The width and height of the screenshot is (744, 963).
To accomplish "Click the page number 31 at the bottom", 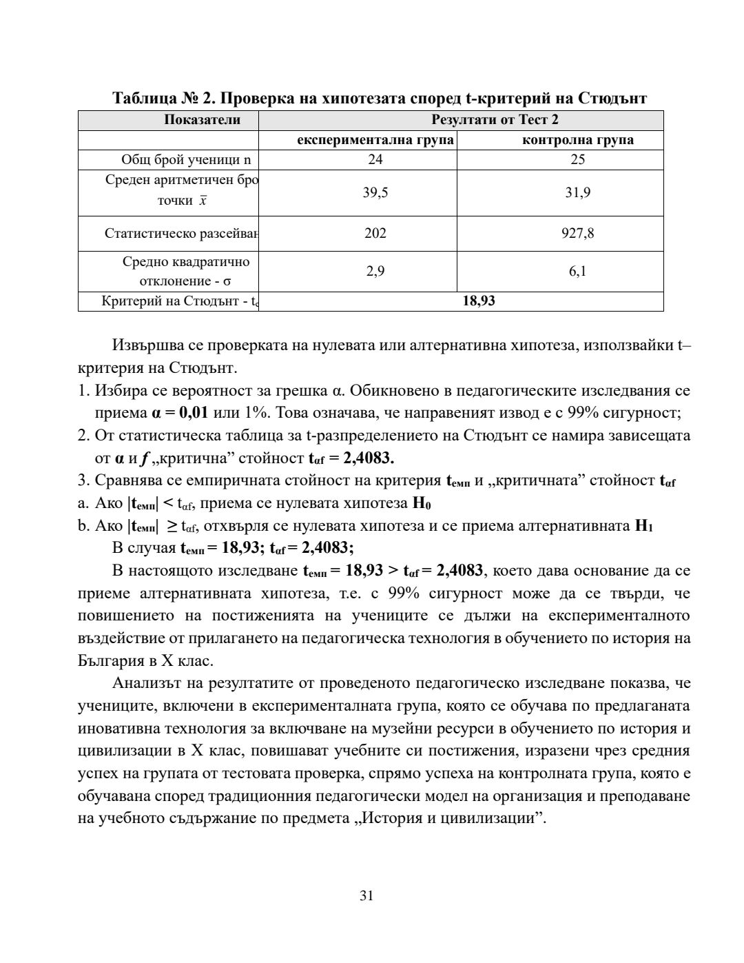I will [x=366, y=895].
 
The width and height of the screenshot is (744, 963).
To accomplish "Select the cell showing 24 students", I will [x=375, y=160].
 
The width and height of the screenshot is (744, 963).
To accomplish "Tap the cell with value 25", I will [x=578, y=160].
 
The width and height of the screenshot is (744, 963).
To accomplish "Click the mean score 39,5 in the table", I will [x=375, y=192].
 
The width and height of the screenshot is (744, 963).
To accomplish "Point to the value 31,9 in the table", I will [x=578, y=192].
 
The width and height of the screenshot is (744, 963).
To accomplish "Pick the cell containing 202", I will [x=375, y=233].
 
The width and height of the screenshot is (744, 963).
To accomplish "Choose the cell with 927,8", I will [x=578, y=233].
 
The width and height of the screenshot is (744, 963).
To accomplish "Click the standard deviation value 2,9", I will [x=375, y=271].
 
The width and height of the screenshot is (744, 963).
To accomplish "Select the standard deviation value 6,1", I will [x=578, y=271].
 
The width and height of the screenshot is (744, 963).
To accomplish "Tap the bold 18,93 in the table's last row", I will [x=479, y=301].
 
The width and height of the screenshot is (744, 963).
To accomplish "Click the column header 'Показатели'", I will [x=202, y=120].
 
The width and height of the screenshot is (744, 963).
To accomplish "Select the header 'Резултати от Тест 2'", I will [x=495, y=120].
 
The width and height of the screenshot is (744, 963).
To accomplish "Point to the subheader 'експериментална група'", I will [x=375, y=140].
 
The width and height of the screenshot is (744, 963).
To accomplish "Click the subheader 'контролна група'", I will [x=578, y=140].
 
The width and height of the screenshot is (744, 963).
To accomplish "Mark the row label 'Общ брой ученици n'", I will [x=186, y=160].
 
